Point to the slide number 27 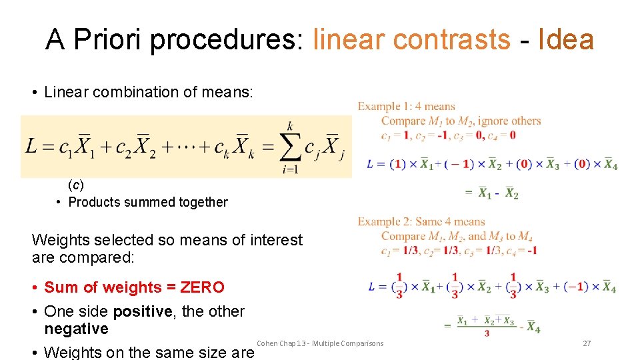coord(587,343)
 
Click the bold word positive coord(139,311)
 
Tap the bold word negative coord(76,329)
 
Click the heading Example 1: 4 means coord(407,107)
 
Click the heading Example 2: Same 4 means coord(421,222)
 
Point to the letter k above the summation coord(290,125)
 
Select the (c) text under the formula coord(76,184)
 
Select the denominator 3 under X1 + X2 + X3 coord(487,333)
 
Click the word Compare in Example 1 coord(403,121)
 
